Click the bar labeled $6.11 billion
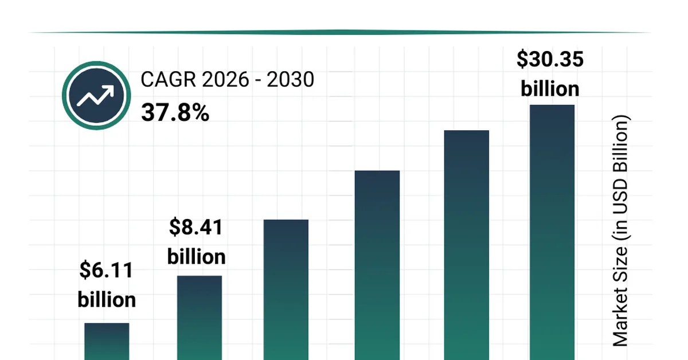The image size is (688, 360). tap(107, 342)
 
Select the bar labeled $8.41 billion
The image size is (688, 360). tap(199, 318)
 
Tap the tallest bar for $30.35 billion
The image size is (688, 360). tap(552, 232)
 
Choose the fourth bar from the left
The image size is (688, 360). tap(377, 265)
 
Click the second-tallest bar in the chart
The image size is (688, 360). tap(467, 245)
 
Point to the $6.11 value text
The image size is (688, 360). tap(107, 270)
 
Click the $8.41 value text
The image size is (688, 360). tap(196, 227)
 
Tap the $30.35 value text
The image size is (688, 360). tap(550, 59)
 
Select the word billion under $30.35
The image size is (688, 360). tap(550, 89)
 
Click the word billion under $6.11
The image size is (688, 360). tap(107, 299)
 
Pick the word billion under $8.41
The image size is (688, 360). tap(196, 256)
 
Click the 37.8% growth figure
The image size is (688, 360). tap(175, 113)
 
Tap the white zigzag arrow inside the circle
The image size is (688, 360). tap(96, 96)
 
